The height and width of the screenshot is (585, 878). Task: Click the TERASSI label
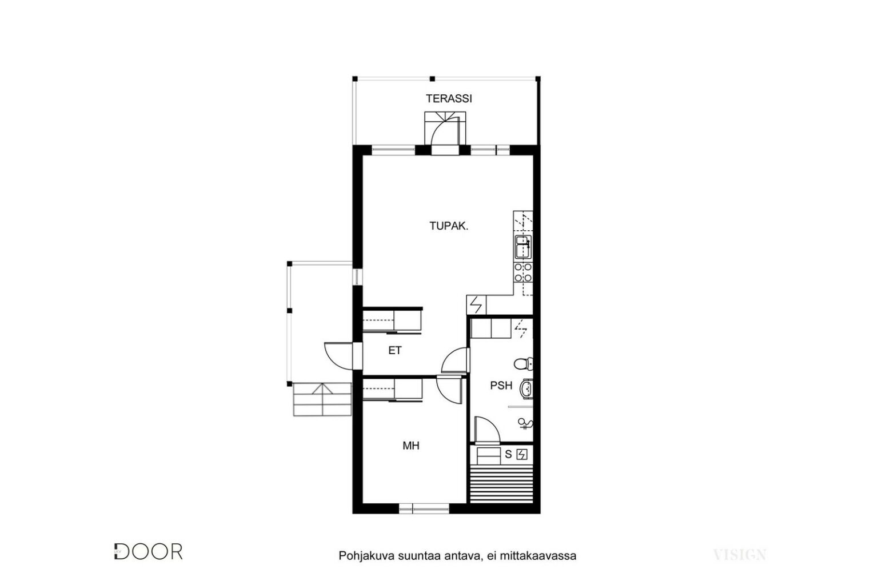pyautogui.click(x=449, y=99)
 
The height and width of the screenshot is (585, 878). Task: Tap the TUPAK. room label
pyautogui.click(x=449, y=226)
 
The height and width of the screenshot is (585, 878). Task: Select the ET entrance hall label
pyautogui.click(x=395, y=351)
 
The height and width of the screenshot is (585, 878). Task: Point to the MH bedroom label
pyautogui.click(x=411, y=446)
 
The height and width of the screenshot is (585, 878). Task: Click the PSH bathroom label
pyautogui.click(x=501, y=386)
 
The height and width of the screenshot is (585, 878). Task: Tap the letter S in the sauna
pyautogui.click(x=508, y=455)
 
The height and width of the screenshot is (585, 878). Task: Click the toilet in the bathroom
pyautogui.click(x=523, y=363)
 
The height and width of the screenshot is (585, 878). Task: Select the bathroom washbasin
pyautogui.click(x=526, y=388)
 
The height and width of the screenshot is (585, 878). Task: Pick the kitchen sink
pyautogui.click(x=523, y=247)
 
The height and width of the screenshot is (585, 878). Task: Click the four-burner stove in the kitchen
pyautogui.click(x=523, y=273)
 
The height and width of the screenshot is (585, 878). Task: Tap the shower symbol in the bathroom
pyautogui.click(x=525, y=423)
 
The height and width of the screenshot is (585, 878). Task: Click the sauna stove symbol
pyautogui.click(x=522, y=455)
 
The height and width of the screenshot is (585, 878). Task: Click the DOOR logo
pyautogui.click(x=148, y=552)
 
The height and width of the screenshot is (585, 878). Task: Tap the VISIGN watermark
pyautogui.click(x=740, y=555)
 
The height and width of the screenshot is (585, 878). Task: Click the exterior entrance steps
pyautogui.click(x=322, y=399)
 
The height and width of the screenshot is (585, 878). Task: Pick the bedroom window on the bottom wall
pyautogui.click(x=424, y=508)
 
